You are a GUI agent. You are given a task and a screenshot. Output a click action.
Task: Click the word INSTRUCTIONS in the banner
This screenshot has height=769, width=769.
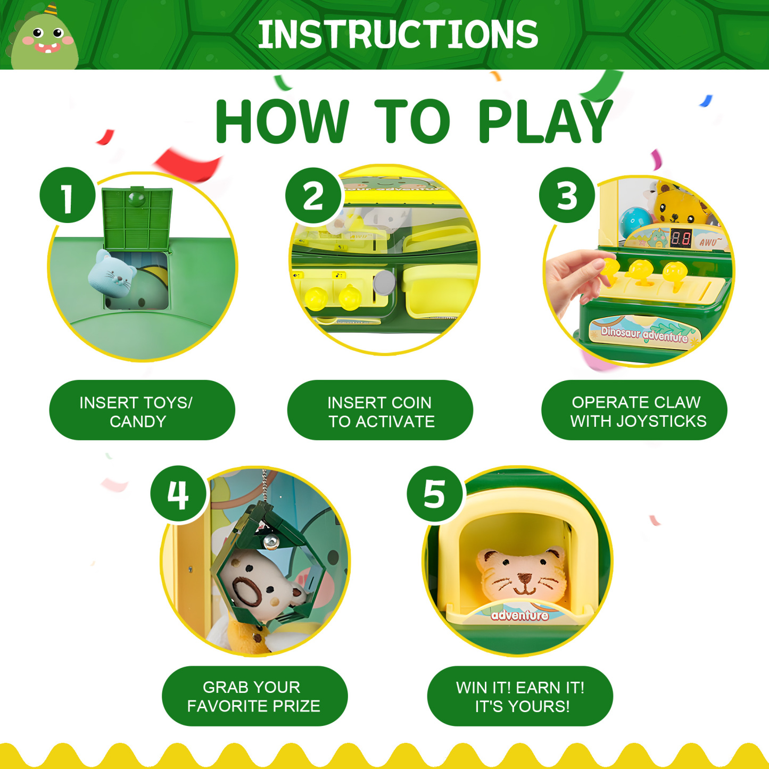point(398,35)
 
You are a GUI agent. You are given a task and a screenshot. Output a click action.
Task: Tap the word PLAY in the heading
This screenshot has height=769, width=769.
point(545,122)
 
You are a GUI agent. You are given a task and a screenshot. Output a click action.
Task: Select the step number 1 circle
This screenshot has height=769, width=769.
point(68,195)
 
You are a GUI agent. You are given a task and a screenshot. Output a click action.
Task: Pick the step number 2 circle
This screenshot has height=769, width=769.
point(313,195)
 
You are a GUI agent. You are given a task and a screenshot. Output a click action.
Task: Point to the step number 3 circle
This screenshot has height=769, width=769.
point(567,195)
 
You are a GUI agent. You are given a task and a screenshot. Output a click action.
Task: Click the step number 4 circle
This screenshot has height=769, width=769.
point(178,493)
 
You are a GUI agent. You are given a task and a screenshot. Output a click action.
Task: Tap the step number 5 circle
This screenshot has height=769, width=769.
point(434,493)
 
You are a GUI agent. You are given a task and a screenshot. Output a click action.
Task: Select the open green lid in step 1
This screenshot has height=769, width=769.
point(137,218)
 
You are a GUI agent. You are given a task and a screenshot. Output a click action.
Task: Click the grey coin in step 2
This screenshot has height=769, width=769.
point(384,282)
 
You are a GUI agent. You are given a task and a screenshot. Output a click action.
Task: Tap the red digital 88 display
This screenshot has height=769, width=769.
point(681,238)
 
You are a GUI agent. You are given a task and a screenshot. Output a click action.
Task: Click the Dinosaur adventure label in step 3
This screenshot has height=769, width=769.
point(644,334)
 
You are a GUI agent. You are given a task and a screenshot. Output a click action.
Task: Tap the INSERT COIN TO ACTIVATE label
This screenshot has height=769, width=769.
point(381,411)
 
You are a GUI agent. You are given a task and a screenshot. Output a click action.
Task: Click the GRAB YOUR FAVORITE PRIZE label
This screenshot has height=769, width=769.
point(254,696)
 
